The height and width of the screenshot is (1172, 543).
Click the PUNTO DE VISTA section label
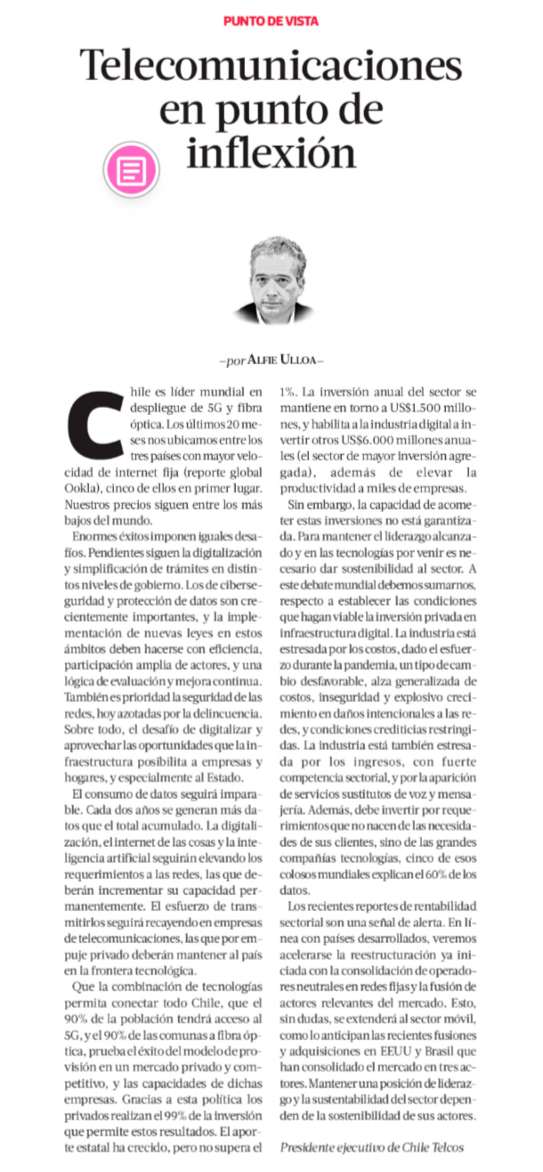tap(271, 20)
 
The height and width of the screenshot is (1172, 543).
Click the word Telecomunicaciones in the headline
tap(271, 66)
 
